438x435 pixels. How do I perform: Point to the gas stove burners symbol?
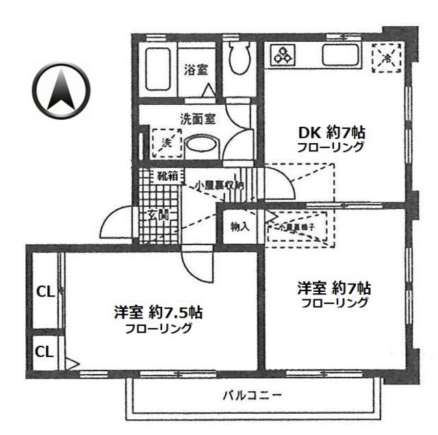pyautogui.click(x=282, y=54)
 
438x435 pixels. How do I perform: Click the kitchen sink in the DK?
pyautogui.click(x=338, y=56)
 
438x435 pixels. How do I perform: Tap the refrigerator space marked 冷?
pyautogui.click(x=386, y=57)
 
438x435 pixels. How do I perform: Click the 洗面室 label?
pyautogui.click(x=198, y=118)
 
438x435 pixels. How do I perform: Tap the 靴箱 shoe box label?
pyautogui.click(x=168, y=177)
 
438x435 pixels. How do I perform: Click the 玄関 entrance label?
pyautogui.click(x=157, y=214)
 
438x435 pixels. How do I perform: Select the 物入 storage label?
pyautogui.click(x=239, y=227)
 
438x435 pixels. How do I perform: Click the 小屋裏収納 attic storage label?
pyautogui.click(x=218, y=185)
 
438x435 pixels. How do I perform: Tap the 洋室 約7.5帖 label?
pyautogui.click(x=158, y=313)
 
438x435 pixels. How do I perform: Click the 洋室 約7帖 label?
pyautogui.click(x=335, y=288)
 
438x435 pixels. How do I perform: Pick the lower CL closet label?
pyautogui.click(x=44, y=352)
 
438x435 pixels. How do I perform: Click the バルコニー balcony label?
pyautogui.click(x=253, y=395)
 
